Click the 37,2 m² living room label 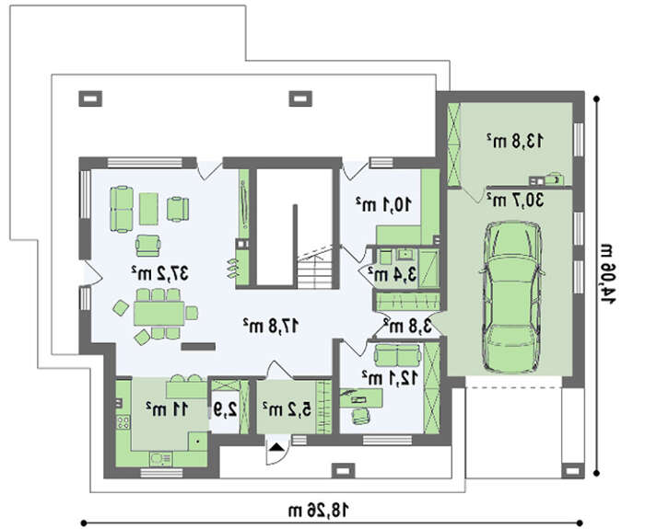pyautogui.click(x=160, y=273)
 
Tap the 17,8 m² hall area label pyautogui.click(x=270, y=326)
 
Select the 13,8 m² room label pyautogui.click(x=515, y=141)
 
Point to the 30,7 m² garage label pyautogui.click(x=515, y=200)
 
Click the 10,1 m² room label pyautogui.click(x=383, y=203)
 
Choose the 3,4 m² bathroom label pyautogui.click(x=392, y=273)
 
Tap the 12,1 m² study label pyautogui.click(x=390, y=377)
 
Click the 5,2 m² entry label pyautogui.click(x=287, y=408)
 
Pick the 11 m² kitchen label pyautogui.click(x=167, y=408)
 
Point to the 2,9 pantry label pyautogui.click(x=225, y=409)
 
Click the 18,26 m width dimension pyautogui.click(x=319, y=511)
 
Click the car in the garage pyautogui.click(x=512, y=297)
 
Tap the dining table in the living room pyautogui.click(x=158, y=314)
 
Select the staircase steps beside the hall pyautogui.click(x=314, y=272)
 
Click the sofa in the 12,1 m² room pyautogui.click(x=397, y=355)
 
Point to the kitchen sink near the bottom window pyautogui.click(x=161, y=459)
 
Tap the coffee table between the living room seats pyautogui.click(x=148, y=209)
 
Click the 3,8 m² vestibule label pyautogui.click(x=408, y=326)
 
